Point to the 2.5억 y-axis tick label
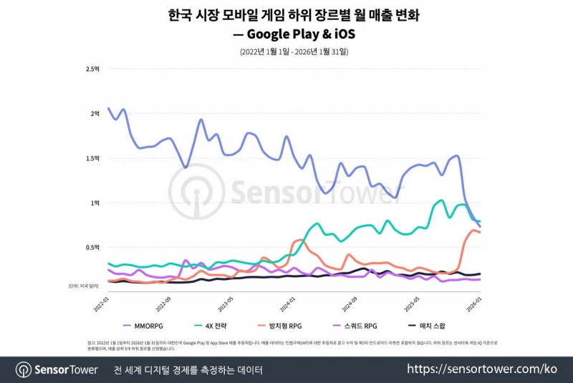tap(92, 69)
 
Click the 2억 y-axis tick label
tap(95, 114)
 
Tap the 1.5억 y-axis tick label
tap(92, 158)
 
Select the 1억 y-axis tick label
tap(95, 203)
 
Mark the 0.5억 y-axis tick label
tap(92, 248)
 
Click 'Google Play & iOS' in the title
tap(302, 34)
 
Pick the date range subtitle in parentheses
tap(294, 52)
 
